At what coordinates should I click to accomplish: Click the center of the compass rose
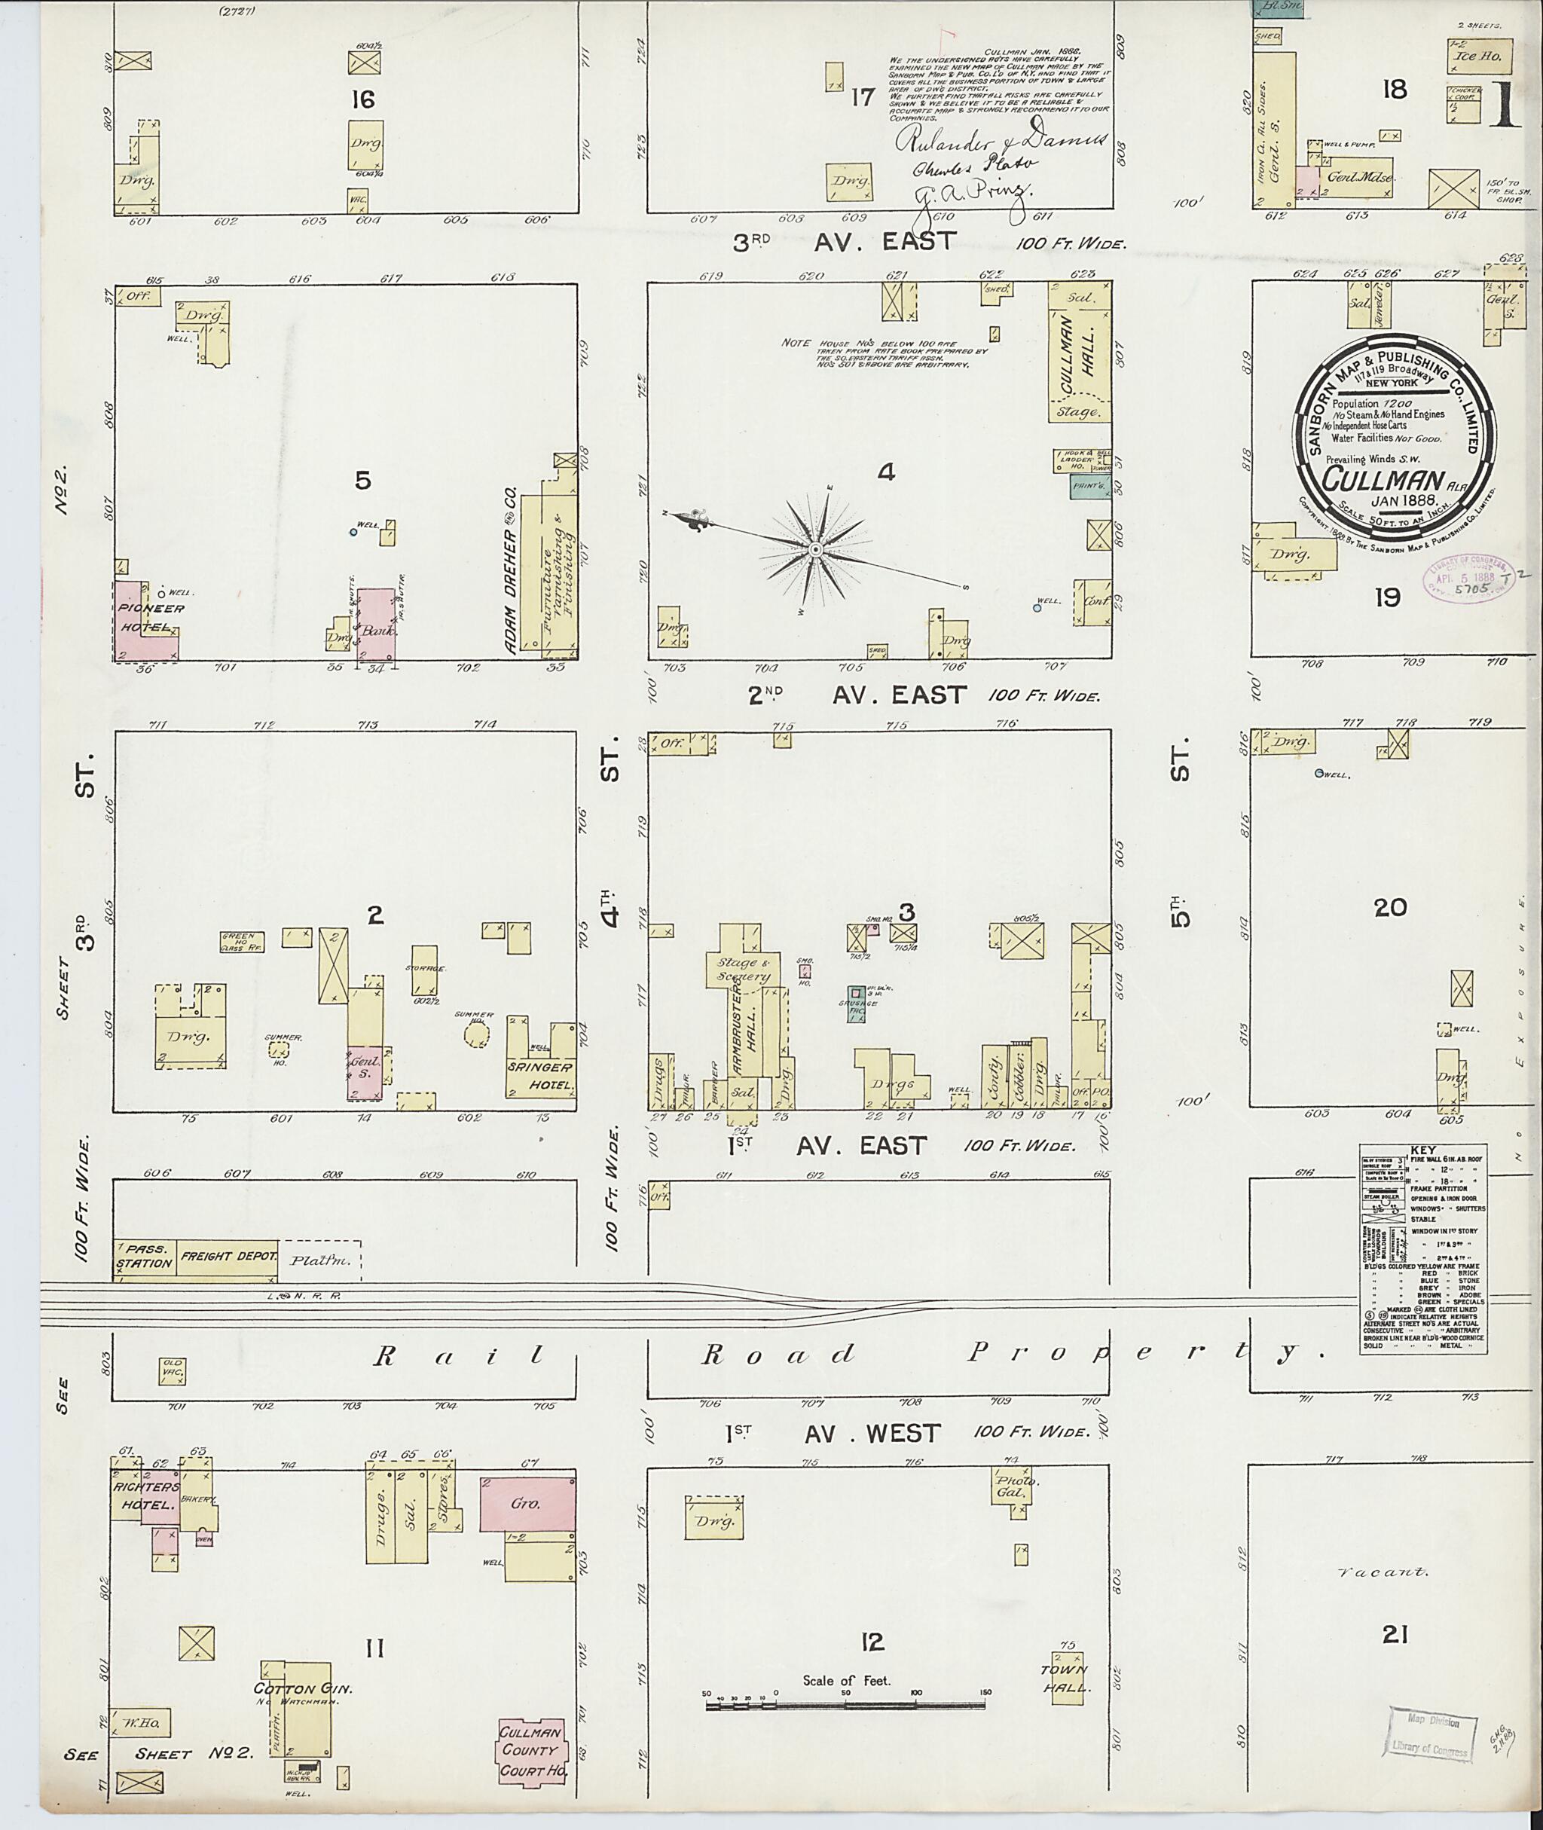tap(815, 549)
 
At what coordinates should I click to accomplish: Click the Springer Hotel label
tap(542, 1075)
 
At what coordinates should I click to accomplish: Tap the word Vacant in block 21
tap(1384, 1571)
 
